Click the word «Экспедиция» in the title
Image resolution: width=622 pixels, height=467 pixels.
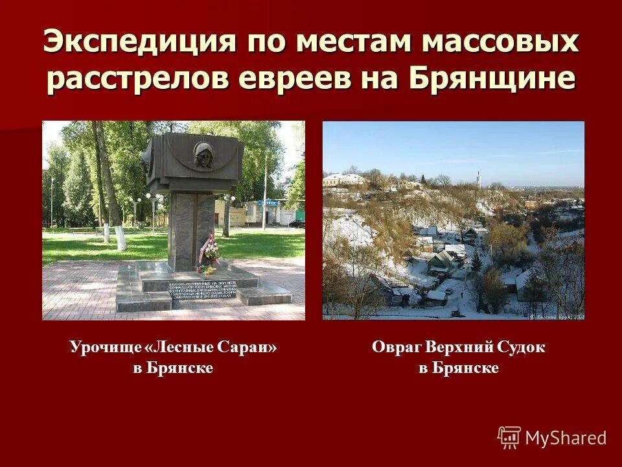140,42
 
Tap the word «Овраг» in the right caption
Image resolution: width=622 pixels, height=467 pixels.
396,348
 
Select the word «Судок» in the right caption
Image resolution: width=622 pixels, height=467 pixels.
521,348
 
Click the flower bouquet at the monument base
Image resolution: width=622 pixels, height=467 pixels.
209,256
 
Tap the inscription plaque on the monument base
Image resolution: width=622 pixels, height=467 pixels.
203,291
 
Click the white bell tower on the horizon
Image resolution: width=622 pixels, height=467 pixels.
479,178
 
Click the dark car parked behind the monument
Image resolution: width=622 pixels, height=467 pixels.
297,223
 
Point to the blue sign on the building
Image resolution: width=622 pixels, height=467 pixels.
270,202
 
